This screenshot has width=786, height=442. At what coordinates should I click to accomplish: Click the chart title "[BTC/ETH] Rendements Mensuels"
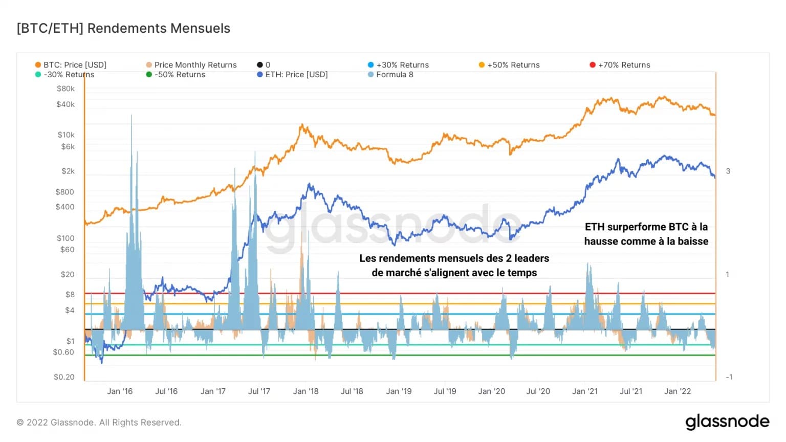pyautogui.click(x=123, y=28)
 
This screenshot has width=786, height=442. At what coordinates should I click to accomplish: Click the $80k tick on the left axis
pyautogui.click(x=65, y=89)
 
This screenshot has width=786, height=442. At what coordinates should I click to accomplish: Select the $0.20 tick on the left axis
pyautogui.click(x=64, y=377)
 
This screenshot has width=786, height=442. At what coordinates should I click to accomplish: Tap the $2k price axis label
pyautogui.click(x=68, y=171)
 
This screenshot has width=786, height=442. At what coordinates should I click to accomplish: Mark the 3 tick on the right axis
pyautogui.click(x=728, y=171)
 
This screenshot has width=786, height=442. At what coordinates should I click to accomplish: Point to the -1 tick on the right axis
pyautogui.click(x=729, y=377)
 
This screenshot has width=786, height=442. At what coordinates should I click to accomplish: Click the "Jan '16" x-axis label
pyautogui.click(x=120, y=391)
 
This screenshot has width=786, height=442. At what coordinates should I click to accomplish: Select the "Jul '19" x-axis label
pyautogui.click(x=445, y=391)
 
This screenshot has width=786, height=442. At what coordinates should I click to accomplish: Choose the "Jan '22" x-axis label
pyautogui.click(x=677, y=391)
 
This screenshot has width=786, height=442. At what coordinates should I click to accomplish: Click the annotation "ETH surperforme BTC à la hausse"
pyautogui.click(x=646, y=234)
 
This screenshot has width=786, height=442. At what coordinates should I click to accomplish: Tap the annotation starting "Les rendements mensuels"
pyautogui.click(x=454, y=266)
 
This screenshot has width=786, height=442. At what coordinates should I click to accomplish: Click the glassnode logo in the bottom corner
pyautogui.click(x=727, y=422)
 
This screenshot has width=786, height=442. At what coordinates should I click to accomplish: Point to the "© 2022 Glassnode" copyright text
pyautogui.click(x=99, y=423)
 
